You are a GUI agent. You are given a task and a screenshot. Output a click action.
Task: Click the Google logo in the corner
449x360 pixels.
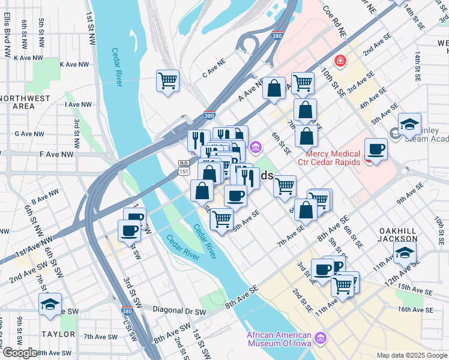click(19, 353)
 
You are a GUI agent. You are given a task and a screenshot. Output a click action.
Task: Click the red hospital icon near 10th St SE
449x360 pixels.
click(340, 60)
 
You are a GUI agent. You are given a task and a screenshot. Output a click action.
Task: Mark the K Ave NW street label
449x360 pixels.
click(29, 58)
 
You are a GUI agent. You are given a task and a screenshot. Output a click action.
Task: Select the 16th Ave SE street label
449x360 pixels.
click(415, 310)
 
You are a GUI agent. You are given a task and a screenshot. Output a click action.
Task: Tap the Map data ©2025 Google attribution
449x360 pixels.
click(412, 355)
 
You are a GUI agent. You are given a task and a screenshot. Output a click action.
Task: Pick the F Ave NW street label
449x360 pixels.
click(57, 154)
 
